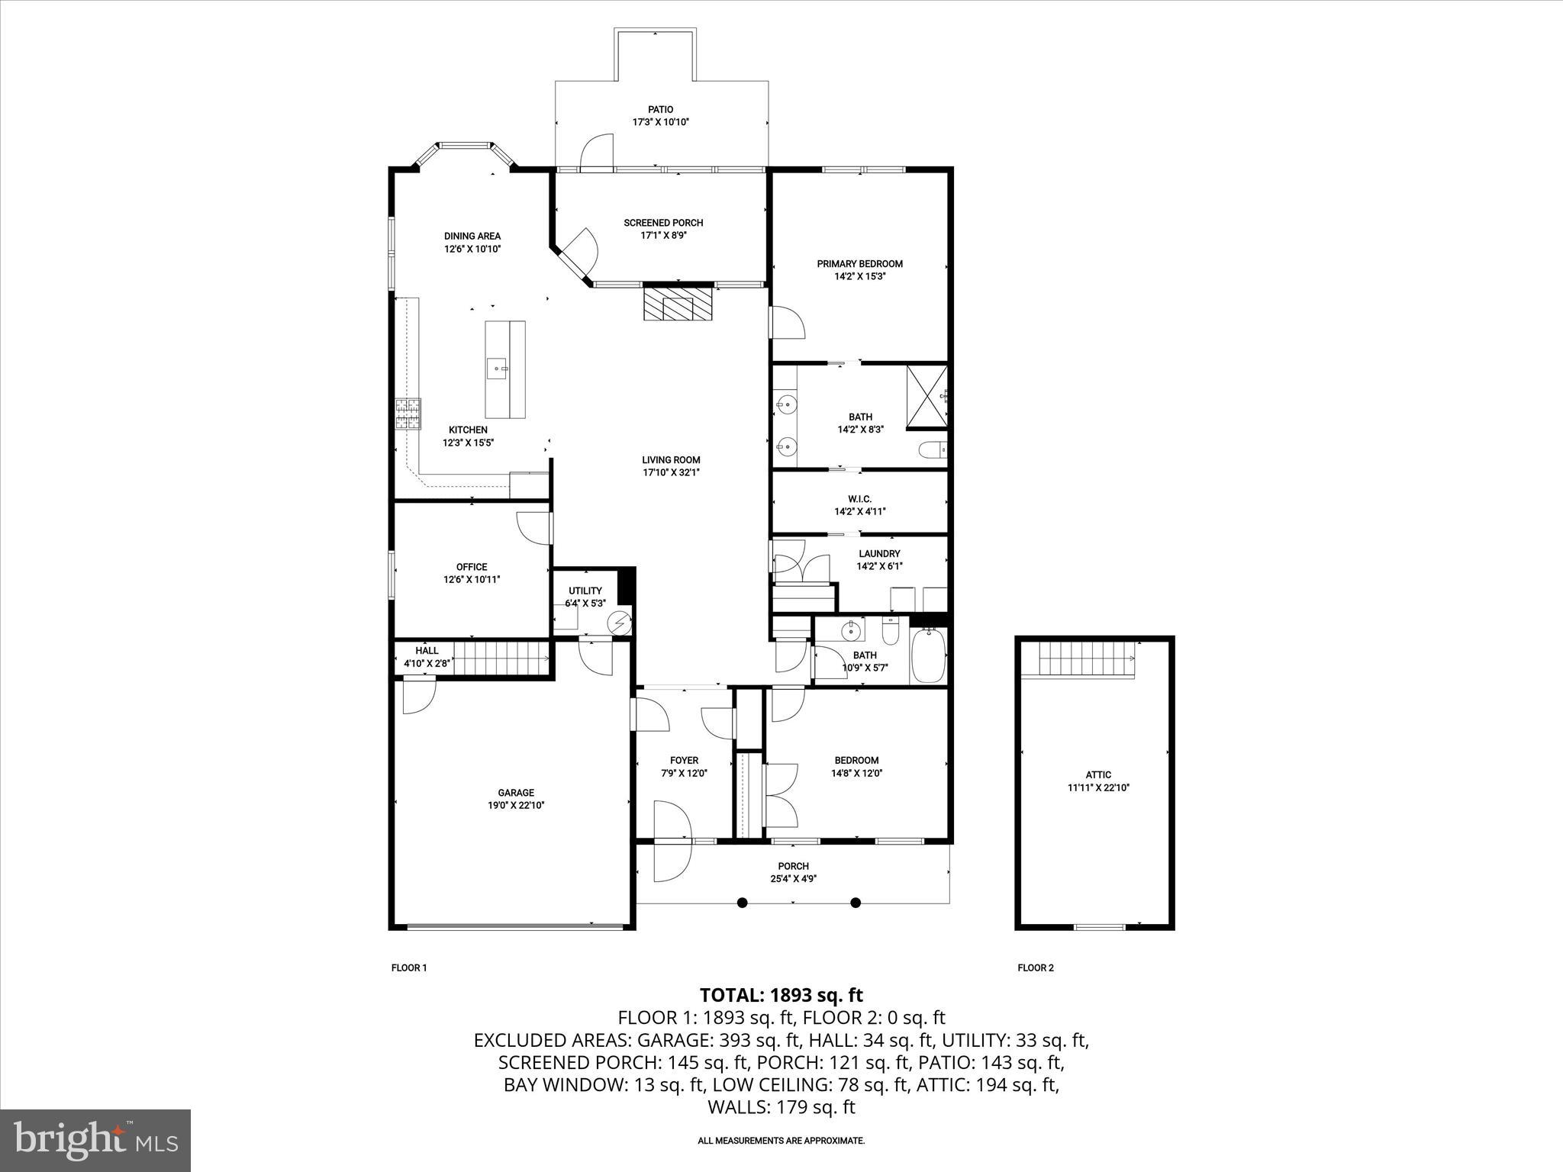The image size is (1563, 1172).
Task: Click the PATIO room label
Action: pos(660,110)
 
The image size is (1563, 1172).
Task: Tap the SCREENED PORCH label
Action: pos(663,223)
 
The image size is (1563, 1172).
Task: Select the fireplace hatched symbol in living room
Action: pos(678,304)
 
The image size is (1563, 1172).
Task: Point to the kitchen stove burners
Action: pos(408,414)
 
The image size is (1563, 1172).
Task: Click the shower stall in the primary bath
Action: pos(927,395)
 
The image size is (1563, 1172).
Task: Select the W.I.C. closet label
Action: pos(859,499)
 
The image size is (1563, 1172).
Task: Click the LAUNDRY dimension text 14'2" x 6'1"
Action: pos(879,566)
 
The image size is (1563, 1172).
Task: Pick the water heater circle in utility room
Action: pos(620,623)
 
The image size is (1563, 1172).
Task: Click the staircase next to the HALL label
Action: pos(502,656)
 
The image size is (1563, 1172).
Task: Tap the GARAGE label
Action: pos(516,793)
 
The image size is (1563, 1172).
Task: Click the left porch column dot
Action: pos(742,903)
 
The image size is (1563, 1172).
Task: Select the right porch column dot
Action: pos(856,903)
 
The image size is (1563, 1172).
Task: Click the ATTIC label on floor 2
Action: pos(1098,774)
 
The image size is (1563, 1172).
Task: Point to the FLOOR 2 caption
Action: pos(1035,968)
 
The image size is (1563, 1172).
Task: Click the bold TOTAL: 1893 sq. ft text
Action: pos(781,995)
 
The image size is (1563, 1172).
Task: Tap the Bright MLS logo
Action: pos(95,1140)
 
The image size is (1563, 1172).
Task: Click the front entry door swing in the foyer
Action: pos(672,832)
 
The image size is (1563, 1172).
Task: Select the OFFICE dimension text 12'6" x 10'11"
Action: pos(472,579)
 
